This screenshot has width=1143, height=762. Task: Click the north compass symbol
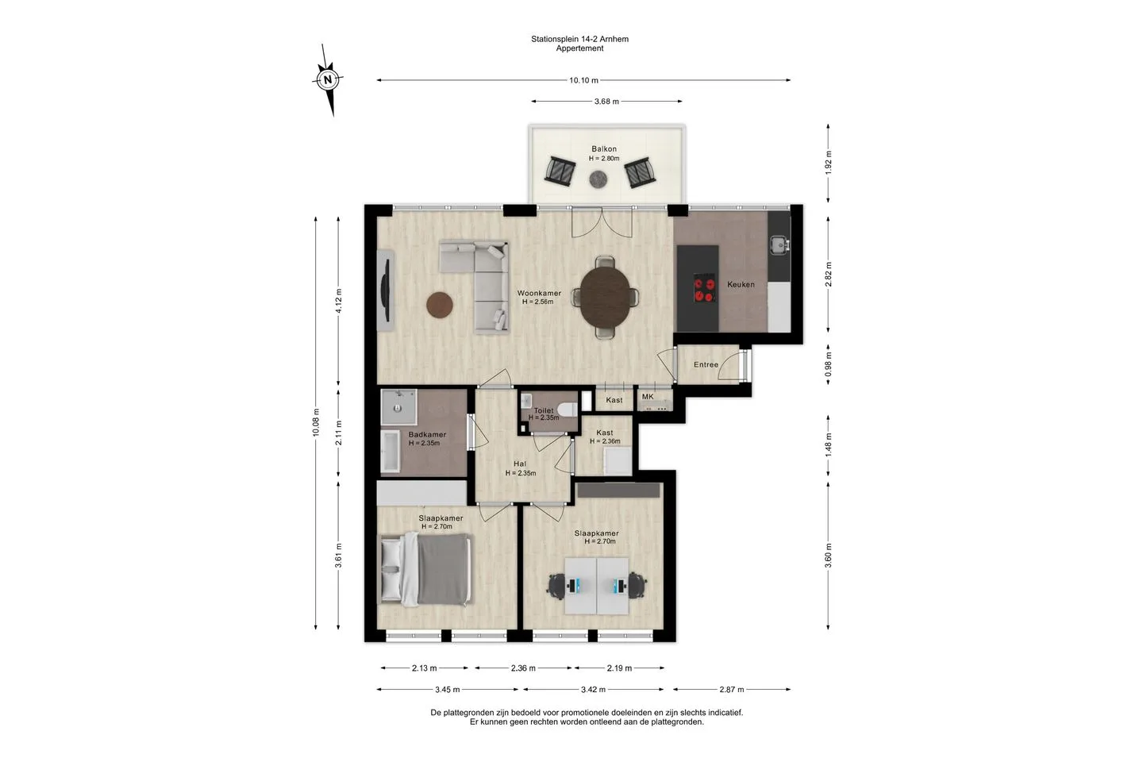[328, 79]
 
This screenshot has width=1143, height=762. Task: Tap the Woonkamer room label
[539, 294]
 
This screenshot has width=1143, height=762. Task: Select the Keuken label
[741, 284]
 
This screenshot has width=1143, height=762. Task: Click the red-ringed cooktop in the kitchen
[704, 288]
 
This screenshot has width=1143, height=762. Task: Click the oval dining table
[606, 297]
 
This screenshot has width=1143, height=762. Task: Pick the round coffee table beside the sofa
[440, 305]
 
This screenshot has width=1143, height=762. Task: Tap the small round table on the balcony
[598, 179]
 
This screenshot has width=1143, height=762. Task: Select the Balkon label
[603, 149]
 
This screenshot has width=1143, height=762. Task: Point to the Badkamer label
[427, 434]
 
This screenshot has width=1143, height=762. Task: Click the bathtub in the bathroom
[391, 451]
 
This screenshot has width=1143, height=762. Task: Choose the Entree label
[706, 364]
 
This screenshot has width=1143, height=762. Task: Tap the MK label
[648, 397]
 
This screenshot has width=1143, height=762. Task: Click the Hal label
[520, 464]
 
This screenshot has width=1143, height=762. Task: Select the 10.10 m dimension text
[583, 80]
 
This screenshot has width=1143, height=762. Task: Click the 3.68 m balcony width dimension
[606, 102]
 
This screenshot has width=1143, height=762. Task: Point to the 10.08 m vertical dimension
[316, 422]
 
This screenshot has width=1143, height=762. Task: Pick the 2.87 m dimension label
[732, 690]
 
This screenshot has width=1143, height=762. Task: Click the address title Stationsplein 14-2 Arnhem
[579, 39]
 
